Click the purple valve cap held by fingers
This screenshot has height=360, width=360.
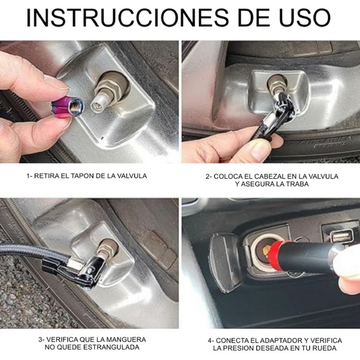67,106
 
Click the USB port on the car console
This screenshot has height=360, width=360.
340,237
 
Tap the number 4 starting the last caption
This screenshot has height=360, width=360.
210,340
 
